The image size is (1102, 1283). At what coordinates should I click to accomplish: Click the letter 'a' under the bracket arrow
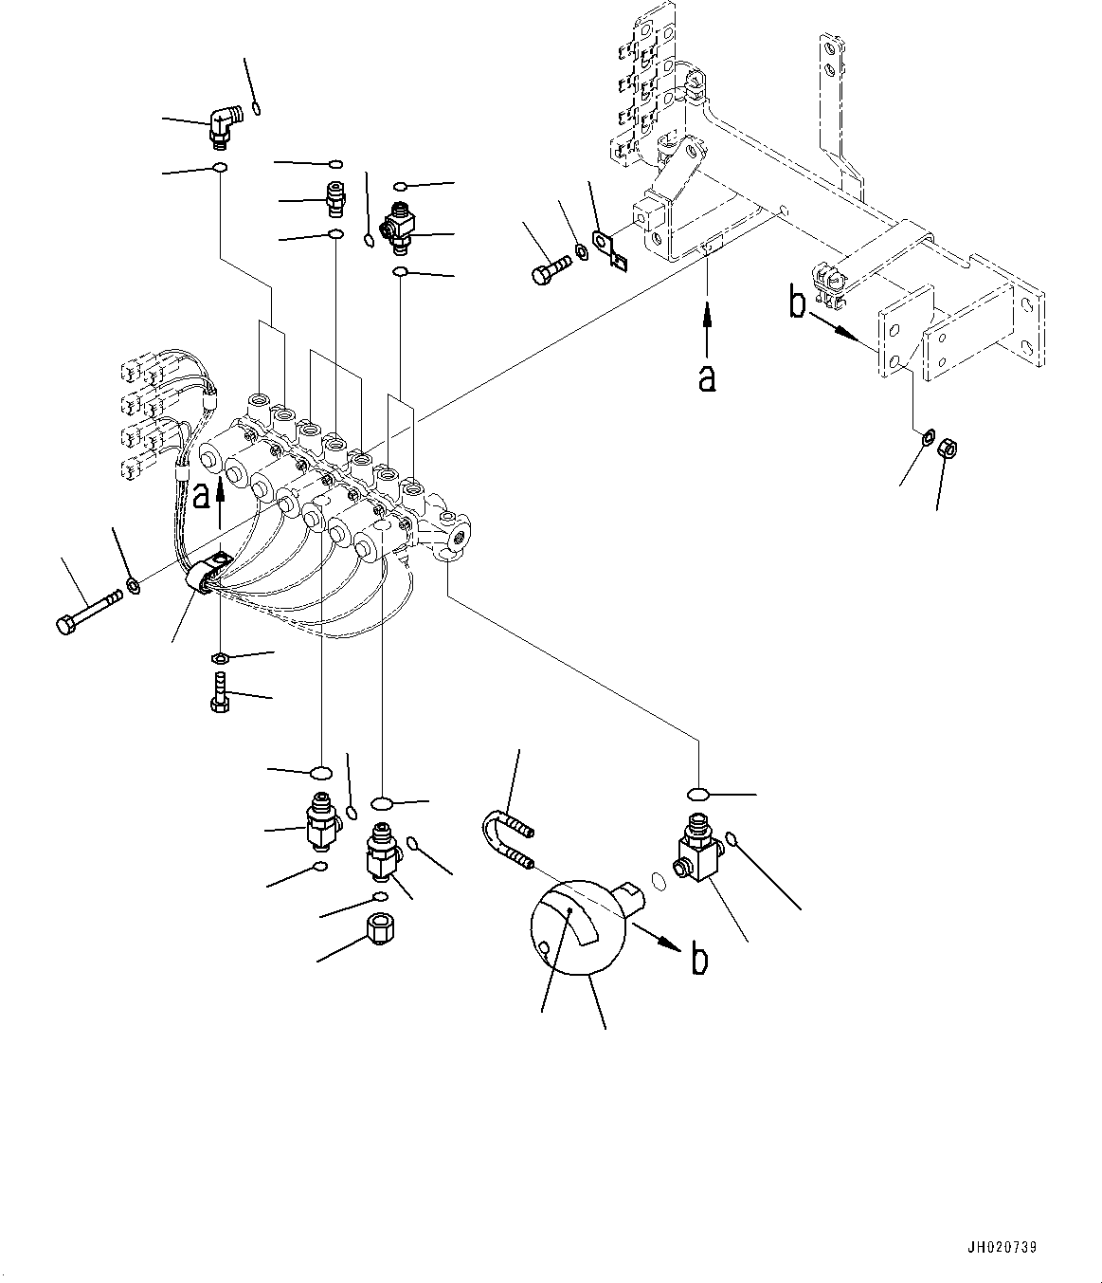(x=707, y=378)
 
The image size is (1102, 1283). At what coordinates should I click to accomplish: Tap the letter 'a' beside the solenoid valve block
(x=201, y=495)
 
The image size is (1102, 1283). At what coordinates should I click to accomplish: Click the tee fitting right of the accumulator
(x=696, y=848)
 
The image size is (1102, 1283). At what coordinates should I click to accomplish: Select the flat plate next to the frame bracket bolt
(x=609, y=248)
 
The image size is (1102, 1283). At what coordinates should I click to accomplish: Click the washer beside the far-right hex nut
(x=929, y=437)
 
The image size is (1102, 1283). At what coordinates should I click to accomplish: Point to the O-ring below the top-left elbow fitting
(x=220, y=168)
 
